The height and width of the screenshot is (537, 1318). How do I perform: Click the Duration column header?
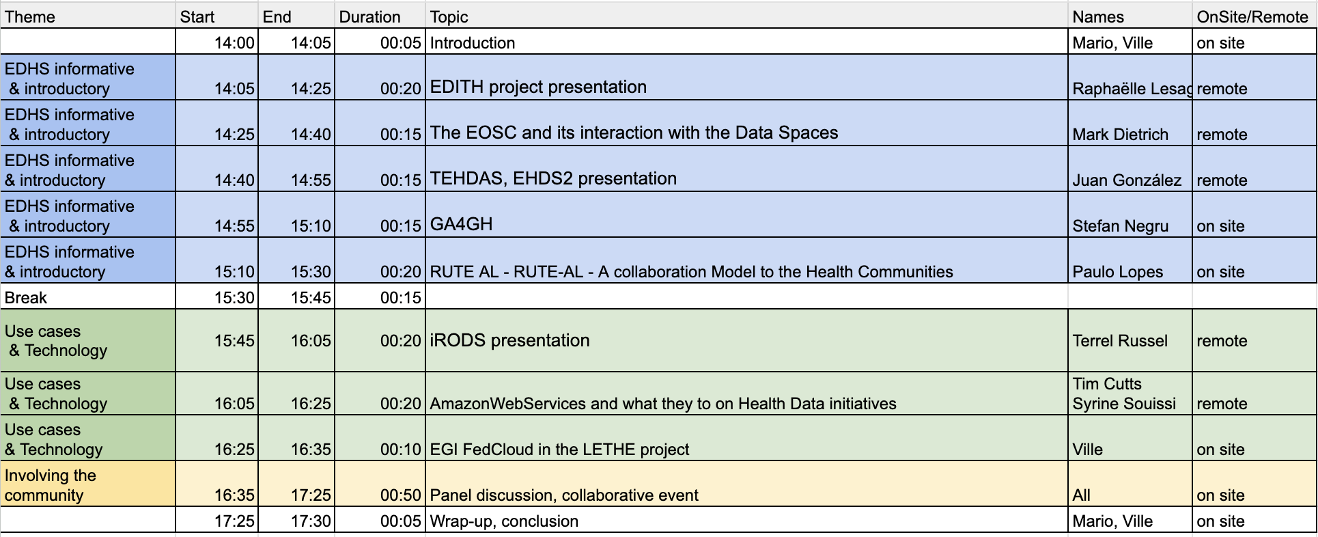369,17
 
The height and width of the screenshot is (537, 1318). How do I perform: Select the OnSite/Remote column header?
1252,17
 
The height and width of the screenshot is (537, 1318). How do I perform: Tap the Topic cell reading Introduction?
473,43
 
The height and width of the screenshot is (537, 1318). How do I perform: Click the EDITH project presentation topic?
538,87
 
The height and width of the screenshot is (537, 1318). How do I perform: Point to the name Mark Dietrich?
1120,135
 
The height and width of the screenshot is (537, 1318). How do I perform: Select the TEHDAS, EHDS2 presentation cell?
553,178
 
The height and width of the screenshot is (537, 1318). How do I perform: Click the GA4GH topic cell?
461,224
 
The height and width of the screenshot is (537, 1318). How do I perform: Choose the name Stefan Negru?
1120,226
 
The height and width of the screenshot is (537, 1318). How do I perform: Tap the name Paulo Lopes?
1117,272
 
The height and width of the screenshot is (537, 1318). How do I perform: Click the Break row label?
26,298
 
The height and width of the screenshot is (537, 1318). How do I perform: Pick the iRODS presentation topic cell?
509,340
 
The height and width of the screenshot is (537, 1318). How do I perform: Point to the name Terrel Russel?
1120,341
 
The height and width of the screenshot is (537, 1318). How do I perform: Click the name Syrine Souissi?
1124,404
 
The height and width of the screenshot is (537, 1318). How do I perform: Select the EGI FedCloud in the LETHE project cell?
559,450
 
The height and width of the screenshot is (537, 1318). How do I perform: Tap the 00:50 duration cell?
400,495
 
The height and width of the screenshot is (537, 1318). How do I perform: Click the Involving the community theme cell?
51,485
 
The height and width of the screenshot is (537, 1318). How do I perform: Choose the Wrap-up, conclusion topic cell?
504,521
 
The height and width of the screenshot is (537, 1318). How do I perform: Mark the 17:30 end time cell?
311,521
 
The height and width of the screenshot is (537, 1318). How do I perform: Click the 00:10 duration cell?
400,450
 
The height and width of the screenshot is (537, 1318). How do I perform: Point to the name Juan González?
1127,180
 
